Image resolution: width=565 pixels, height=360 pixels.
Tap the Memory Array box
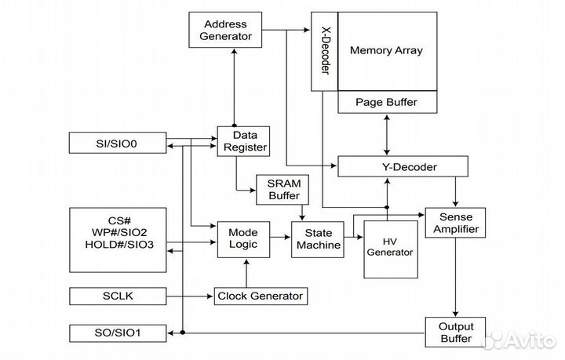click(x=386, y=51)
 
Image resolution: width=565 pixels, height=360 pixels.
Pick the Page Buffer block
click(x=386, y=102)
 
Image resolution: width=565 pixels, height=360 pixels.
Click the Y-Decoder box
click(x=402, y=167)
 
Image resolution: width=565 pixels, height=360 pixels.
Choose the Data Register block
click(x=243, y=141)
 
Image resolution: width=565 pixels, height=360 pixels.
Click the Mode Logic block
click(x=243, y=239)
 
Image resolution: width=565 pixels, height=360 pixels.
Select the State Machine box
click(x=316, y=238)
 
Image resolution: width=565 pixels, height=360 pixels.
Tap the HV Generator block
click(x=390, y=246)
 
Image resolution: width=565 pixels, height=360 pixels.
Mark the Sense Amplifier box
click(x=456, y=223)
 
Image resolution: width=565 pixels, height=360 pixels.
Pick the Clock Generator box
click(x=260, y=296)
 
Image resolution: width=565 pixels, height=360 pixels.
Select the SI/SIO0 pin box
click(x=118, y=143)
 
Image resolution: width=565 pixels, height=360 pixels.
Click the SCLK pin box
click(x=118, y=296)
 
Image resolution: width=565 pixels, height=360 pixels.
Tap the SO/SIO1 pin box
click(x=118, y=333)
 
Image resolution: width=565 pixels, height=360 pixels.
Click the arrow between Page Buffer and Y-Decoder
click(x=386, y=135)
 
